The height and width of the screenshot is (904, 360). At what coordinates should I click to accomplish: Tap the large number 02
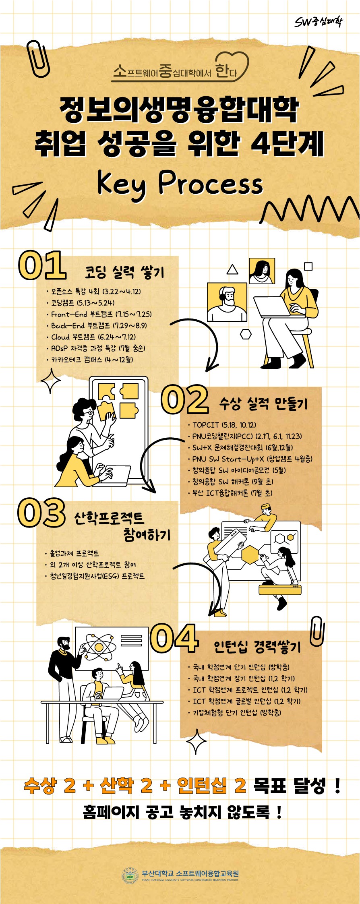point(185,399)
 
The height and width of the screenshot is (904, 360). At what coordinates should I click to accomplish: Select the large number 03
point(41,512)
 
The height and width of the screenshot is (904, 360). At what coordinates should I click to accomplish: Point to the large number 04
point(174,637)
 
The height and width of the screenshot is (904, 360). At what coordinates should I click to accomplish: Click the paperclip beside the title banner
point(38,58)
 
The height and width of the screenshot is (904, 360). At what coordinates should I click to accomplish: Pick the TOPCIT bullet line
point(222,425)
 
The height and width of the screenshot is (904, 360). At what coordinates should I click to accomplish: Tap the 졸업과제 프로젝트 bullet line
point(72,553)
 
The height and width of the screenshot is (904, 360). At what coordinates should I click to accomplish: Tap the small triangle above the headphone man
point(232,270)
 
